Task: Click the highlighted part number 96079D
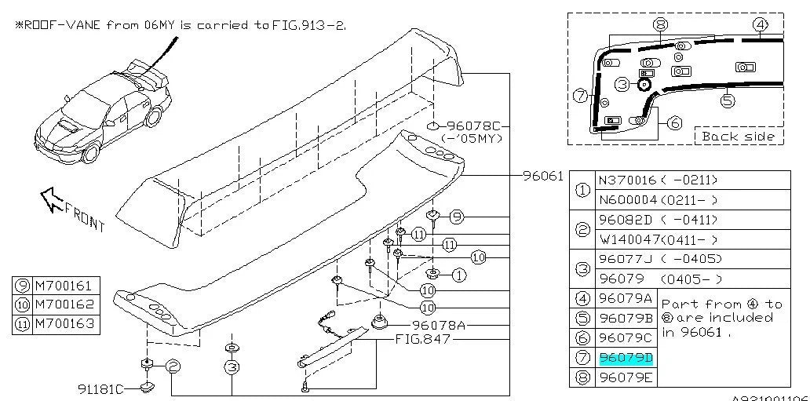point(626,358)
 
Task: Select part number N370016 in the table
point(627,180)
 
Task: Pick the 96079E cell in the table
point(626,377)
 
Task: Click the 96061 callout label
point(542,176)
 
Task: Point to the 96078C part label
point(473,126)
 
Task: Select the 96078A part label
point(439,325)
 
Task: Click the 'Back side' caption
point(738,137)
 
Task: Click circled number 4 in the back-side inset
point(760,24)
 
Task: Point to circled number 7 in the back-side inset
point(580,97)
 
